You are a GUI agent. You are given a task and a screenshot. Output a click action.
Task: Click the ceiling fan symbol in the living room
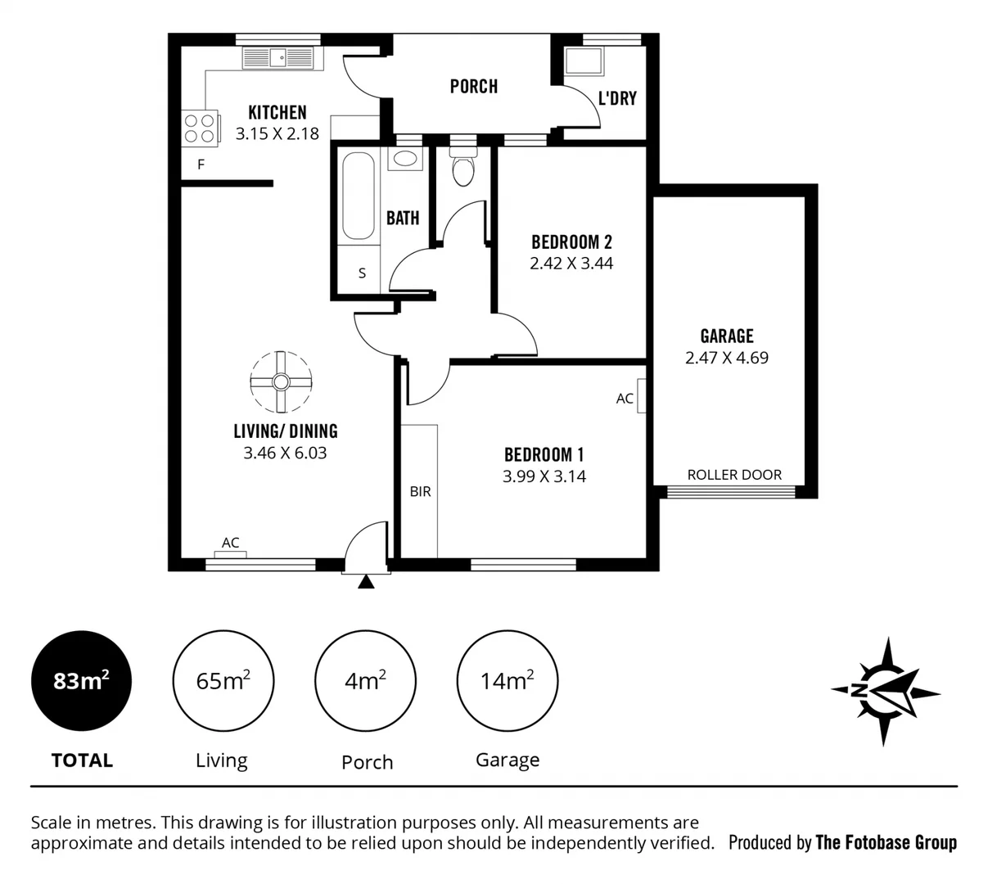(x=281, y=382)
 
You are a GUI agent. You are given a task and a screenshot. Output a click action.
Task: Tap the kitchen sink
(x=278, y=57)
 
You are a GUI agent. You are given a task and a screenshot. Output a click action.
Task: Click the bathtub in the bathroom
(x=358, y=196)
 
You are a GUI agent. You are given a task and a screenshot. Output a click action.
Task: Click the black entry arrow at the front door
(x=366, y=581)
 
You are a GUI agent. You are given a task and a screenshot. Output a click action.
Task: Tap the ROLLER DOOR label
(x=733, y=475)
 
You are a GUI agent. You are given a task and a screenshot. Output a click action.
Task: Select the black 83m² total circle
(x=81, y=681)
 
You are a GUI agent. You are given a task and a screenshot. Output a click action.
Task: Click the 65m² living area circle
(x=223, y=681)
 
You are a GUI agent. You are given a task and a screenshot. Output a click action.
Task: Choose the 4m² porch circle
(x=365, y=681)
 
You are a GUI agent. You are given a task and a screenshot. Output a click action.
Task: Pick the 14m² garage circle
(x=507, y=681)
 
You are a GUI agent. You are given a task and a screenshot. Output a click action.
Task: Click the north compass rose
(x=885, y=692)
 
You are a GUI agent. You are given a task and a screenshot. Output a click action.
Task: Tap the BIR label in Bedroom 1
(x=420, y=492)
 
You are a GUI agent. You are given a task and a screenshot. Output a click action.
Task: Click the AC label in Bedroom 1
(x=625, y=399)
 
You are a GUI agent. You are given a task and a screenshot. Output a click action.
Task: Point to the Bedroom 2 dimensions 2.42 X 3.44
(x=571, y=264)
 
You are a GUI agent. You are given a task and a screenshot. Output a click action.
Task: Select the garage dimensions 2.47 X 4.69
(x=726, y=358)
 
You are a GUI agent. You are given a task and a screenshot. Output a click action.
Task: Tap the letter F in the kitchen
(x=201, y=165)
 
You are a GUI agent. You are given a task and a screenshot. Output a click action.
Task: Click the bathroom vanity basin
(x=404, y=159)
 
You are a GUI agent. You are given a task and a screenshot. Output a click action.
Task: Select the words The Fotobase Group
(x=886, y=842)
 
